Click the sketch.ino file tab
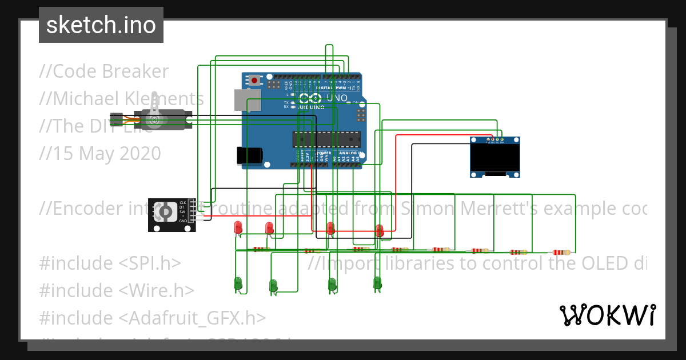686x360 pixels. coord(101,25)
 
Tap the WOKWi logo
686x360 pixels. coord(607,315)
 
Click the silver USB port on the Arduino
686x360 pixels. coord(246,100)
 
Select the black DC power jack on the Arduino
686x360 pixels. coord(249,155)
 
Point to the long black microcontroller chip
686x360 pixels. coord(327,139)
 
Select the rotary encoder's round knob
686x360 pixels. coord(165,212)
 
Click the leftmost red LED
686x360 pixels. coord(238,227)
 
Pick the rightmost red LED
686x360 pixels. coord(378,230)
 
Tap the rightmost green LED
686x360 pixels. coord(377,282)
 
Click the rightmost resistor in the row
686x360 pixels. coord(560,252)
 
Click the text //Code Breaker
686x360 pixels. coord(104,71)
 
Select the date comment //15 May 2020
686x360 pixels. coord(100,154)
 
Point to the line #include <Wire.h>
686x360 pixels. coord(117,290)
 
